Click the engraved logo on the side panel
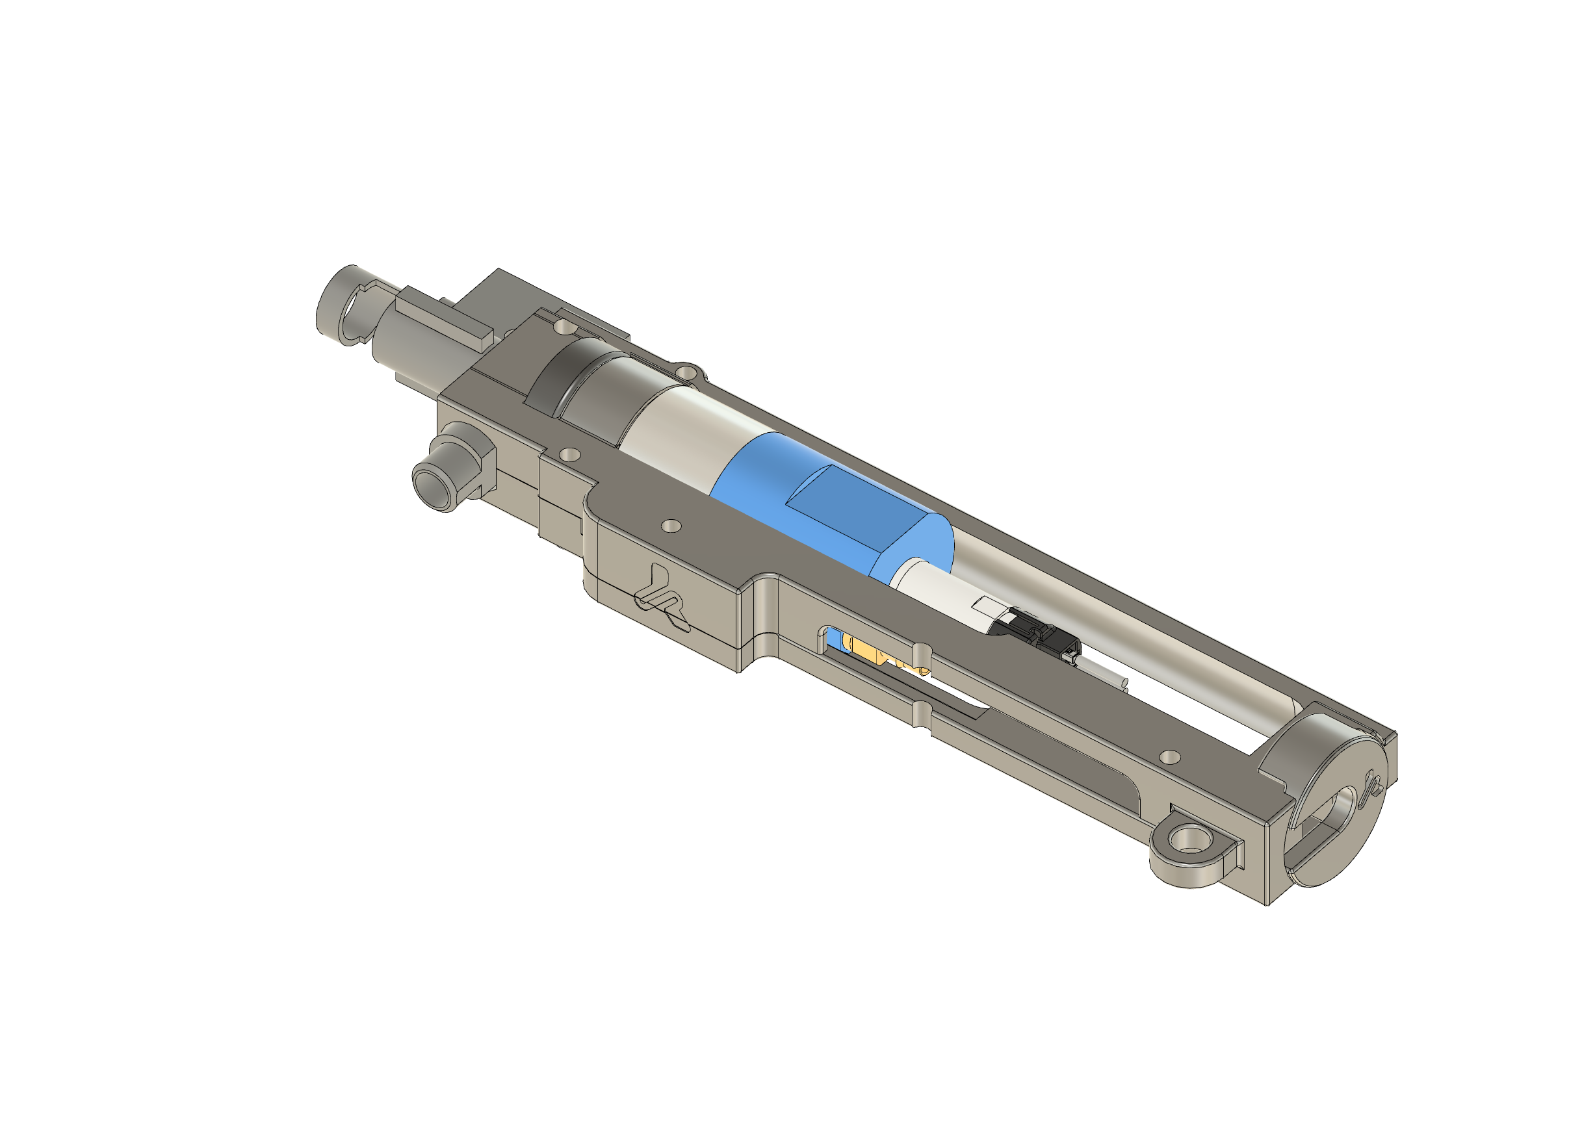coord(662,599)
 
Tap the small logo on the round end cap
coord(1373,784)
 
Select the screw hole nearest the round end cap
coord(1171,756)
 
